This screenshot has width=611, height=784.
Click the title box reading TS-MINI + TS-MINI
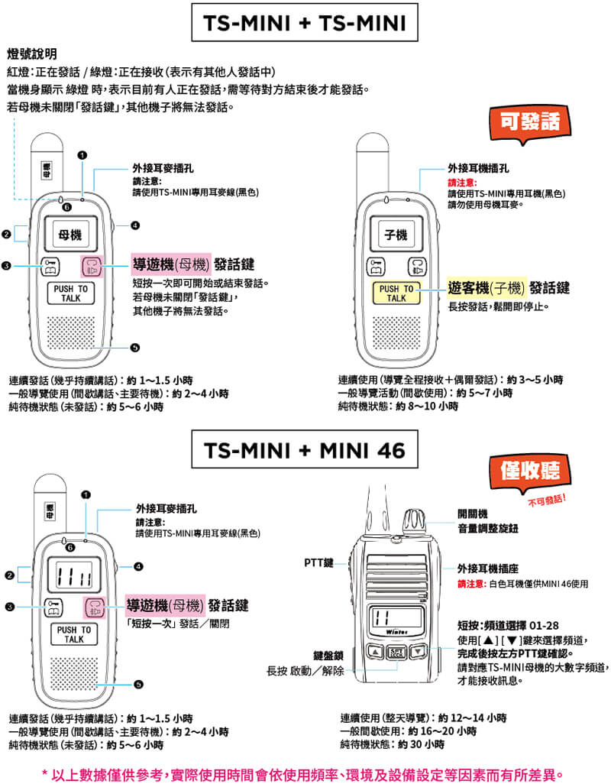305,22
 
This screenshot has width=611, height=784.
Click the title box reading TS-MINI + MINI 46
305,449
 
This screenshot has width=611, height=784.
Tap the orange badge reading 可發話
529,122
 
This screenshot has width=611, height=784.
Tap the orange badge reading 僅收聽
529,471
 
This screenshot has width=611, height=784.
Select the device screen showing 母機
70,234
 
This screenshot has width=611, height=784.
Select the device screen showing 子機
396,234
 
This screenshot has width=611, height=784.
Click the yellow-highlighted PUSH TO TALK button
396,293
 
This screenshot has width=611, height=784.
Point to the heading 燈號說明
32,54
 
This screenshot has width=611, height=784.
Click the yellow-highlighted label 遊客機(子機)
486,288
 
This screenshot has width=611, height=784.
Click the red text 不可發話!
547,500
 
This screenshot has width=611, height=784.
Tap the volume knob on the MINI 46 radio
414,523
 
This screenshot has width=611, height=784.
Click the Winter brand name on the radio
396,633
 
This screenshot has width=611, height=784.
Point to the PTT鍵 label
318,563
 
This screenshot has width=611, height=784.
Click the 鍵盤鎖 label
328,656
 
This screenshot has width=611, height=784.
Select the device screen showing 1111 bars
74,575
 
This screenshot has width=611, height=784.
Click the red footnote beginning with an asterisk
303,775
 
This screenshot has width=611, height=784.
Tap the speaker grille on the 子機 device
396,332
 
